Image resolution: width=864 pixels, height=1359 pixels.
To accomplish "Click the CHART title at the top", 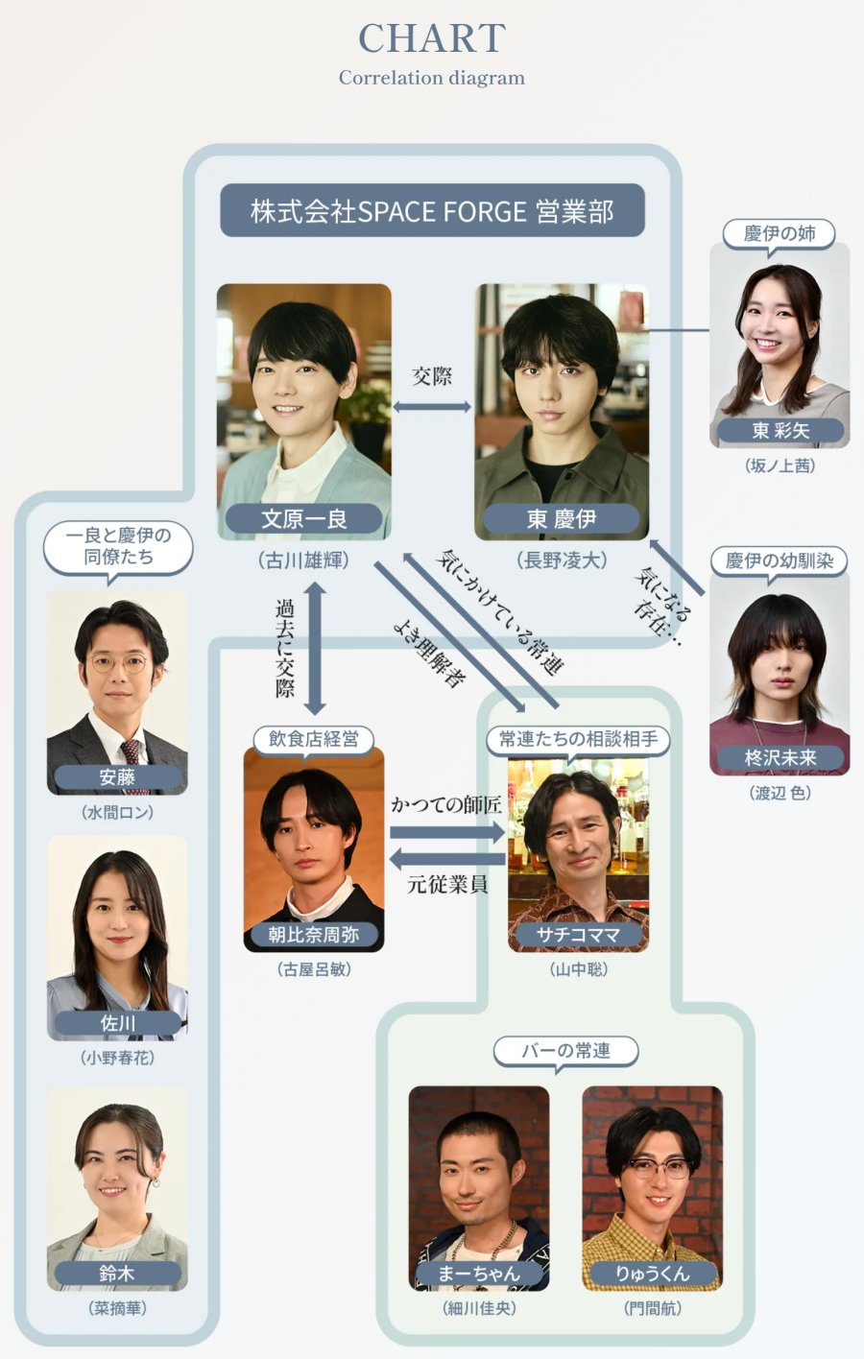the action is pyautogui.click(x=432, y=38).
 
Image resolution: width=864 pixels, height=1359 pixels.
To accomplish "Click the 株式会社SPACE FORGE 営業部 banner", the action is pyautogui.click(x=432, y=210).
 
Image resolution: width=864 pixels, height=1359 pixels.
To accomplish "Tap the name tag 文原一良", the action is pyautogui.click(x=304, y=518).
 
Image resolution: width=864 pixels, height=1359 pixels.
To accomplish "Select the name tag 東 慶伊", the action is pyautogui.click(x=562, y=518).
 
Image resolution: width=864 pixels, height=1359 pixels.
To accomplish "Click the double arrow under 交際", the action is pyautogui.click(x=432, y=407).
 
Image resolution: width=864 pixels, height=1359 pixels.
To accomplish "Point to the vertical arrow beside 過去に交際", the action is pyautogui.click(x=315, y=649).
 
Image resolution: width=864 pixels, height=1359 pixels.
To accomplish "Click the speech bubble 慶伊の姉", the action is pyautogui.click(x=780, y=234).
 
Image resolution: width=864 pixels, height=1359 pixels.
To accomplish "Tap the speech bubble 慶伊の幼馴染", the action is pyautogui.click(x=780, y=561).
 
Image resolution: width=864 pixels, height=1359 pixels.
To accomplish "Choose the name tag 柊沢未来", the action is pyautogui.click(x=780, y=757).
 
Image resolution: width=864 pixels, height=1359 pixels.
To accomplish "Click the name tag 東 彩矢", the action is pyautogui.click(x=780, y=430).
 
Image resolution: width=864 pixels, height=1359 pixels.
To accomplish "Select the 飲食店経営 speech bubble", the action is pyautogui.click(x=313, y=740).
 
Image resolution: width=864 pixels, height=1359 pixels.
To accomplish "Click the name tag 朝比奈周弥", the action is pyautogui.click(x=314, y=935).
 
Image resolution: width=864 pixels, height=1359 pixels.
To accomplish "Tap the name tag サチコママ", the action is pyautogui.click(x=578, y=935).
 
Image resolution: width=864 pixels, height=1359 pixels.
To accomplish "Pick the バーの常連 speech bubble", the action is pyautogui.click(x=565, y=1051).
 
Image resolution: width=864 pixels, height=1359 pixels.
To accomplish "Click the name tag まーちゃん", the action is pyautogui.click(x=479, y=1273).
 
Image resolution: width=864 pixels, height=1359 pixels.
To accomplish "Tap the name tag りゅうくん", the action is pyautogui.click(x=652, y=1273).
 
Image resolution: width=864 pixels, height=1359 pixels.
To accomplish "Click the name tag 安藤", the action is pyautogui.click(x=117, y=777).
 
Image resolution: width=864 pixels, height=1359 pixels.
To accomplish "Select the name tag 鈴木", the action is pyautogui.click(x=117, y=1273).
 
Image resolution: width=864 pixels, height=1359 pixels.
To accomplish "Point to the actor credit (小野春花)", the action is pyautogui.click(x=117, y=1058).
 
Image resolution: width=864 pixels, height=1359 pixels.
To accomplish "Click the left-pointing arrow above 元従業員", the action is pyautogui.click(x=447, y=858).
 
